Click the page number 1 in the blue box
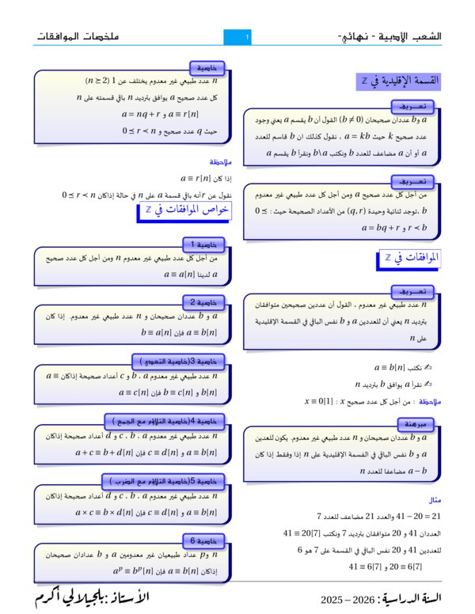tap(248, 37)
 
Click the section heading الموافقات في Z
tap(411, 258)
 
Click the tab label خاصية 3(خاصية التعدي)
tap(183, 361)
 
